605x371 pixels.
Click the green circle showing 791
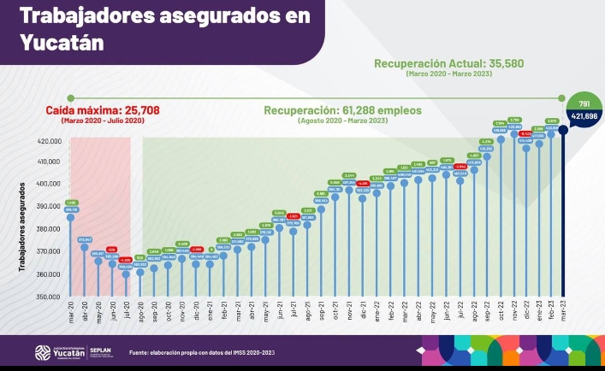click(583, 102)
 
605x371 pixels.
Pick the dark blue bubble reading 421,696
click(584, 115)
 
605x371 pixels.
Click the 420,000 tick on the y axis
click(47, 140)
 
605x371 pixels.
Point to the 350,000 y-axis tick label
click(47, 297)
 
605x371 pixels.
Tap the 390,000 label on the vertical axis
click(47, 207)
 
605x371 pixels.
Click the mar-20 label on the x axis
click(70, 309)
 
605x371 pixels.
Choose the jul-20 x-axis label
click(126, 309)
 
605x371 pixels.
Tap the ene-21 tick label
click(210, 309)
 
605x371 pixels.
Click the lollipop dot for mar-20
click(70, 217)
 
